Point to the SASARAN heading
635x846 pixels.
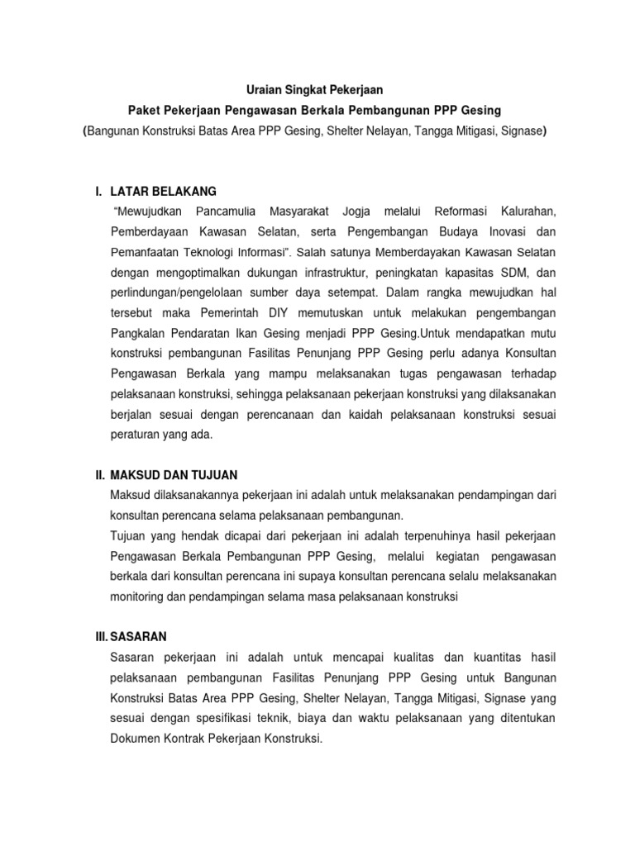(x=139, y=636)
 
